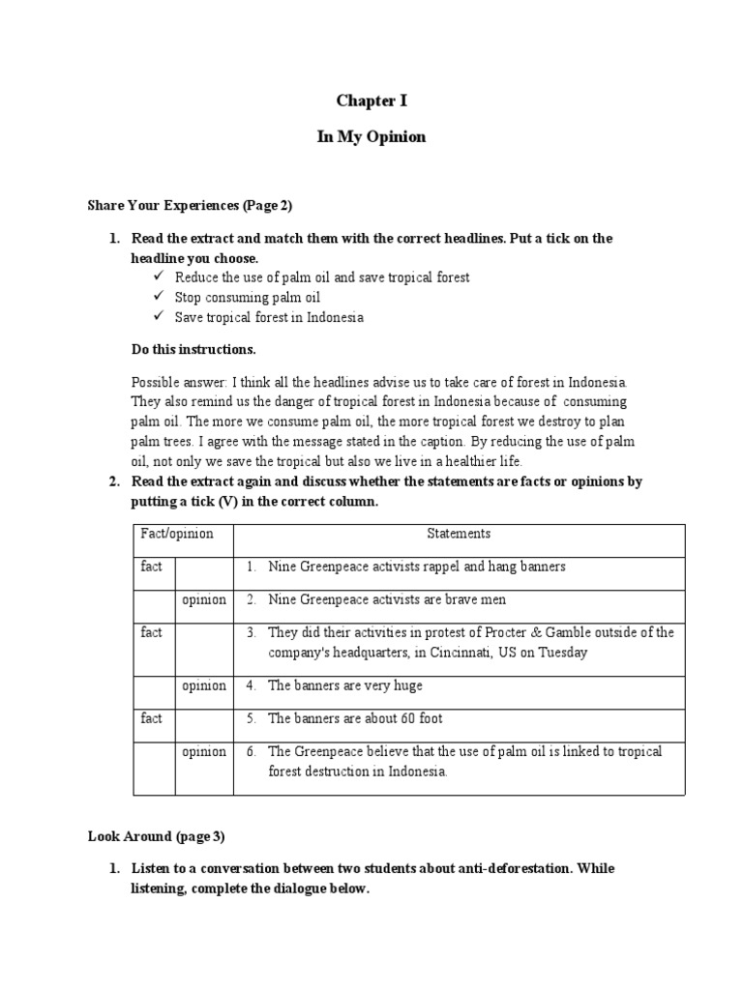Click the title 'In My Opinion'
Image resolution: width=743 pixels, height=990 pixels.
pyautogui.click(x=371, y=137)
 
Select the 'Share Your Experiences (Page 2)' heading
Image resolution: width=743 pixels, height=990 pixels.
pyautogui.click(x=190, y=206)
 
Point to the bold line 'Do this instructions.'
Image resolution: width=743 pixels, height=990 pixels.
pyautogui.click(x=193, y=349)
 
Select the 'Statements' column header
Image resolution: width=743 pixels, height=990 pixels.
pyautogui.click(x=459, y=534)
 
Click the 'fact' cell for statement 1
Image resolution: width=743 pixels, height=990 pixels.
pyautogui.click(x=152, y=567)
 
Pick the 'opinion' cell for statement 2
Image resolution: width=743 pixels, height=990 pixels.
pyautogui.click(x=204, y=599)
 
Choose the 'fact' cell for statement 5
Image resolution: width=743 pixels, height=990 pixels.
pyautogui.click(x=152, y=718)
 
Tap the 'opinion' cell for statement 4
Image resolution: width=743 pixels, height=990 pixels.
pyautogui.click(x=204, y=685)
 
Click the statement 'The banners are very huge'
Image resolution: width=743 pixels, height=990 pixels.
pyautogui.click(x=345, y=685)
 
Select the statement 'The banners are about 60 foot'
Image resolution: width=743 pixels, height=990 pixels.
pyautogui.click(x=355, y=718)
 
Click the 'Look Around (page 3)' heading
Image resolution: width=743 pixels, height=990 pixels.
pyautogui.click(x=156, y=835)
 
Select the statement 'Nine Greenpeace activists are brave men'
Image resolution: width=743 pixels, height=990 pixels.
pyautogui.click(x=387, y=599)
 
